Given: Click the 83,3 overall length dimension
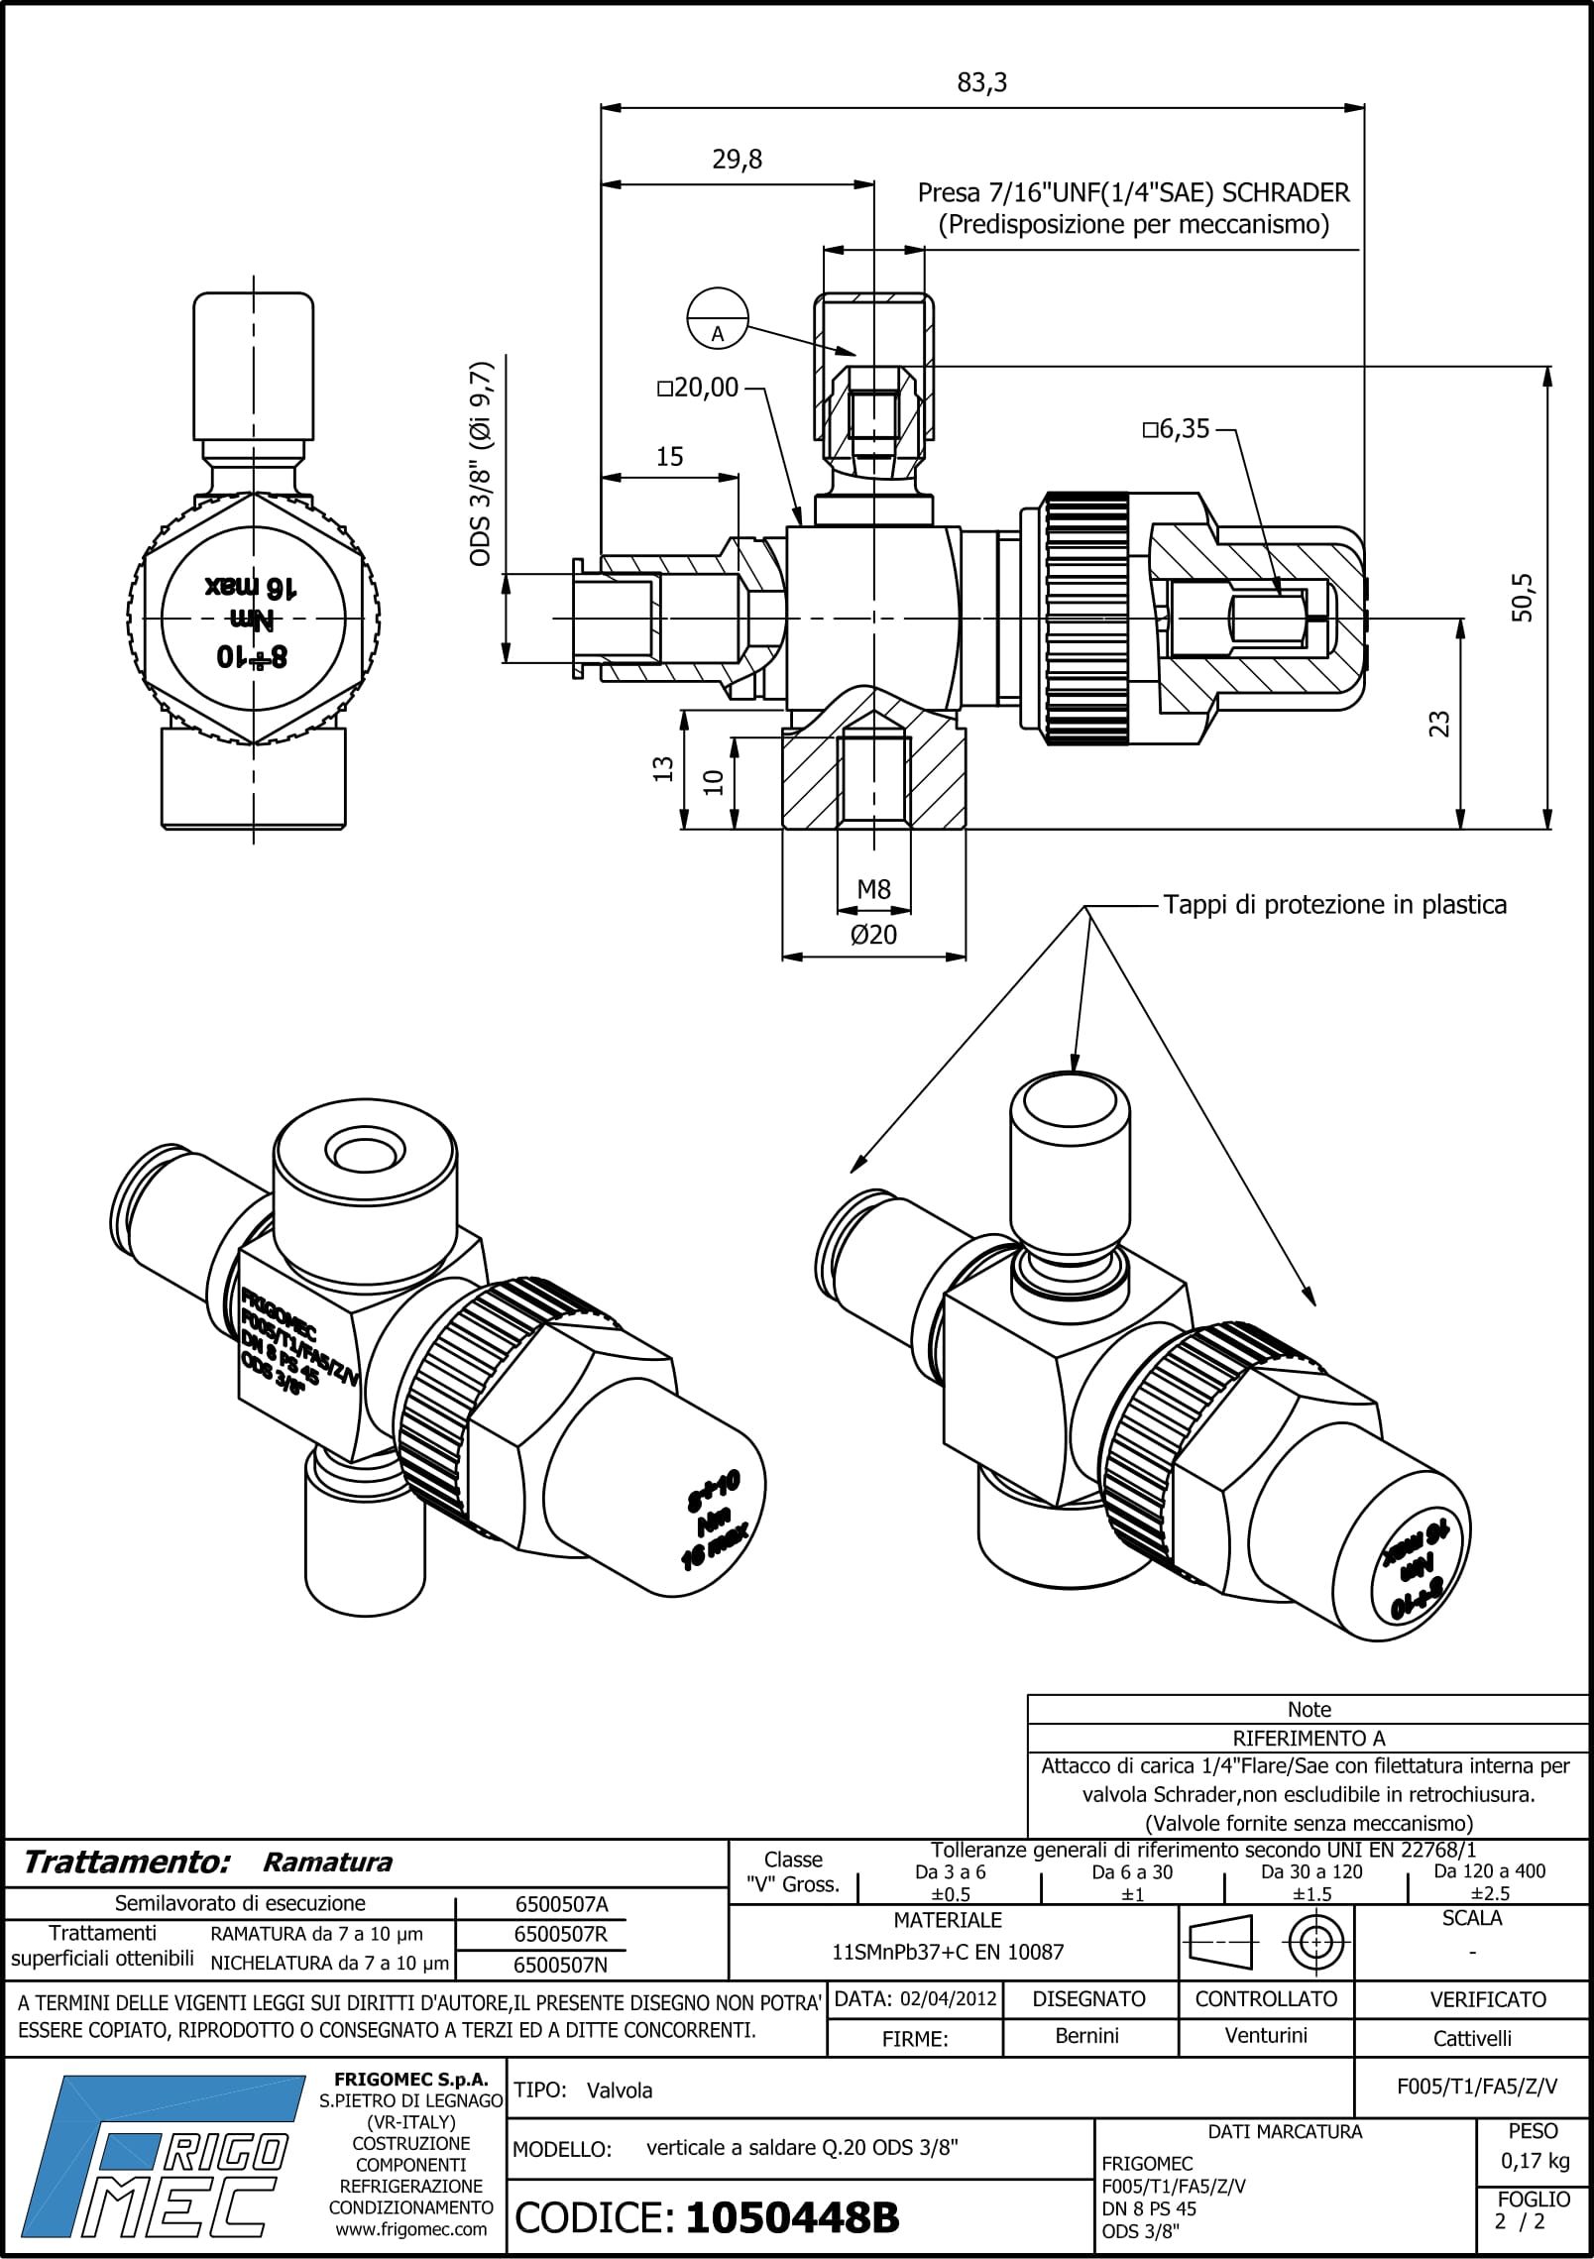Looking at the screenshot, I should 981,83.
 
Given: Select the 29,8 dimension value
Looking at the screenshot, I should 738,160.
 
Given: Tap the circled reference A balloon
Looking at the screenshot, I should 717,318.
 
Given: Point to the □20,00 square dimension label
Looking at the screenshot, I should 699,388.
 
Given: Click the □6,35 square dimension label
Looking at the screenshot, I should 1176,429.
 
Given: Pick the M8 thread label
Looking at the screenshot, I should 873,889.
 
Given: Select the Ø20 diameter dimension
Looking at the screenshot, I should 873,934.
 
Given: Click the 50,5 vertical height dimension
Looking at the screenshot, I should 1522,597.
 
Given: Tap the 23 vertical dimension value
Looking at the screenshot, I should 1440,724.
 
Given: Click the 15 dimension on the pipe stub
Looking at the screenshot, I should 670,456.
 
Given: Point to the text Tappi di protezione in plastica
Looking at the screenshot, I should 1334,904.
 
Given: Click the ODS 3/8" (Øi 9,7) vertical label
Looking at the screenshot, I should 481,464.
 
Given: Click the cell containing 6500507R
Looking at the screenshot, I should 560,1934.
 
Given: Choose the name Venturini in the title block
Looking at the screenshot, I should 1265,2036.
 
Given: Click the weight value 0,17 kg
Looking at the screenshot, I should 1534,2160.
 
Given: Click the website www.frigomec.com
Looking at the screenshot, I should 410,2229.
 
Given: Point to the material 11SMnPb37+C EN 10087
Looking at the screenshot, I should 948,1952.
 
